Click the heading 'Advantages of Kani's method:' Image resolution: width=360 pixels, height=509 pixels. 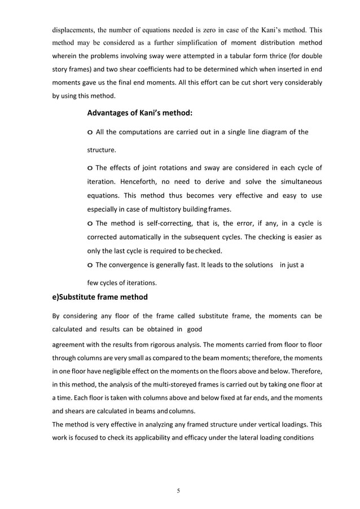[139, 113]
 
